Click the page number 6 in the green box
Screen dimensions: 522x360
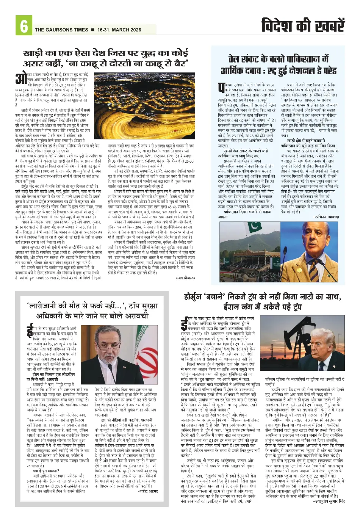point(23,26)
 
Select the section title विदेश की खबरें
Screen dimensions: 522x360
point(303,26)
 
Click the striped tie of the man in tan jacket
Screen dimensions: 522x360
point(313,265)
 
